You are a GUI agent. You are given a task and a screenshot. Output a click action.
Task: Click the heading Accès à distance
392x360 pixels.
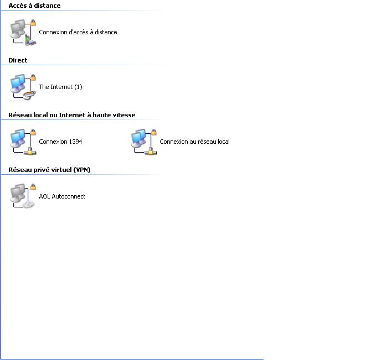[34, 6]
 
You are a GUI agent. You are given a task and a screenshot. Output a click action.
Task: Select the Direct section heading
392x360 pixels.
[18, 60]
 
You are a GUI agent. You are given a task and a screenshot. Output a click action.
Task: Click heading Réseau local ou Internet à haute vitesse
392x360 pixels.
[72, 115]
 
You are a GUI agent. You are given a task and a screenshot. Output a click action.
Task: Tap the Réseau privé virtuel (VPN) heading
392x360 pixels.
[49, 170]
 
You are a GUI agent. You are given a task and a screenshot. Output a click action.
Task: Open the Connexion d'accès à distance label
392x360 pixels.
[78, 32]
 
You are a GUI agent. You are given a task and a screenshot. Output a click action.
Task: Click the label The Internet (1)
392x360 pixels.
[60, 87]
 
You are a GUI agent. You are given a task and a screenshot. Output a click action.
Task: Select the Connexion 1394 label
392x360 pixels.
[60, 142]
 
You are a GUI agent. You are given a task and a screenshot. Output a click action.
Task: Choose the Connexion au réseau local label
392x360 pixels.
[194, 142]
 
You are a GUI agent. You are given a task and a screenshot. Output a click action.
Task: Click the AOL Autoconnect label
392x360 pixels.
[62, 196]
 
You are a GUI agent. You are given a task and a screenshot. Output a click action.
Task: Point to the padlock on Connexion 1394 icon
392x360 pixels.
[33, 132]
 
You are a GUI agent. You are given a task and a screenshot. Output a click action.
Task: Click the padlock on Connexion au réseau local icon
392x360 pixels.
[154, 132]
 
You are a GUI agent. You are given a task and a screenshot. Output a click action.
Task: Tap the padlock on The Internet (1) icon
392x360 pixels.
[33, 77]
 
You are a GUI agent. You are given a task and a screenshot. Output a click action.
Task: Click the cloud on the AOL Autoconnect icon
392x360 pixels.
[29, 205]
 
